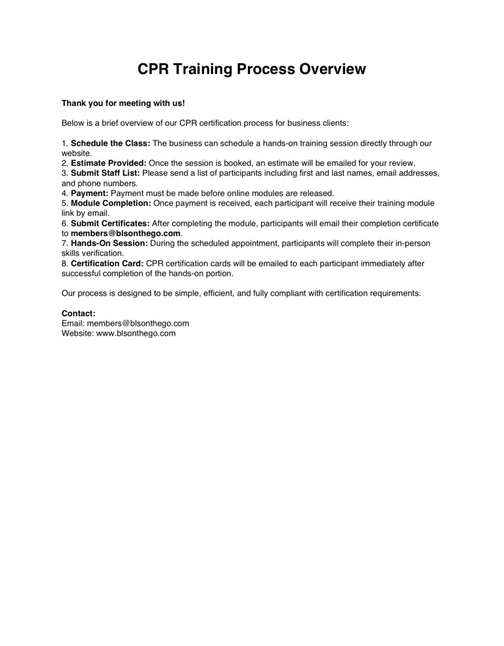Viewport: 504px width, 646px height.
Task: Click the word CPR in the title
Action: coord(153,69)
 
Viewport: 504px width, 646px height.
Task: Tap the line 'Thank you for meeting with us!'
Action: coord(123,103)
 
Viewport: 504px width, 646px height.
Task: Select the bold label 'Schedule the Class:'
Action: coord(110,143)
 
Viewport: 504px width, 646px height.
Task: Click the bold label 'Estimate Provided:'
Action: coord(109,163)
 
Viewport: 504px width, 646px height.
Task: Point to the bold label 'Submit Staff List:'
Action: coord(105,173)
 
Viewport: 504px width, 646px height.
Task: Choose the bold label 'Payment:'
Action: coord(90,193)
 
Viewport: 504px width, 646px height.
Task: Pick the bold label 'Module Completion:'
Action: coord(111,203)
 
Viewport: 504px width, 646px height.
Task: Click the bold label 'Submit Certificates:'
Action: coord(110,223)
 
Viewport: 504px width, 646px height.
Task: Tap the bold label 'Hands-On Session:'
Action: coord(109,243)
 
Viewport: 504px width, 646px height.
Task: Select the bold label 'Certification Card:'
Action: coord(107,263)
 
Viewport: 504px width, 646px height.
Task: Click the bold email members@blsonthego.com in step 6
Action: coord(126,233)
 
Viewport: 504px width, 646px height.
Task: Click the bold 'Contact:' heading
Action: coord(78,313)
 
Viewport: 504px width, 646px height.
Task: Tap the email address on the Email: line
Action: coord(138,323)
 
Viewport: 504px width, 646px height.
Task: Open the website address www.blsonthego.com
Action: coord(136,333)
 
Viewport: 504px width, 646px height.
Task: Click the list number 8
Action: coord(64,263)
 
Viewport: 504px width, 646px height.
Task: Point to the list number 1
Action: coord(64,143)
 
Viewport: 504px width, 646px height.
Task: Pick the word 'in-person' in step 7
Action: coord(413,243)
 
